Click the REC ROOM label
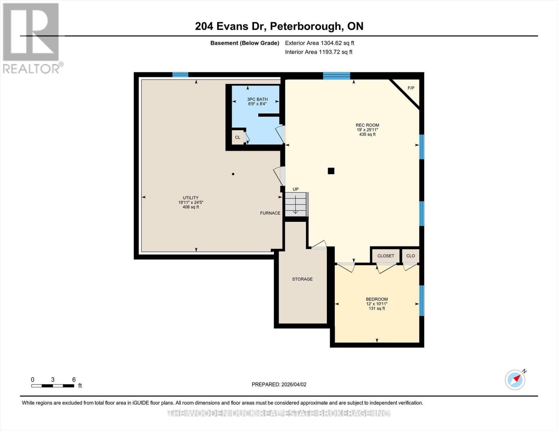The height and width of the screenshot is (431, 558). tap(367, 125)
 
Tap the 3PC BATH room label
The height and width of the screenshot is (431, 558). tap(257, 99)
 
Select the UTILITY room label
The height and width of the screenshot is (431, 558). tap(190, 198)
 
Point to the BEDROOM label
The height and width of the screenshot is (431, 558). tap(377, 299)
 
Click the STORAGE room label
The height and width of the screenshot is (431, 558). tap(302, 279)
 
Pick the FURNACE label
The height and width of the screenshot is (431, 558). tap(270, 213)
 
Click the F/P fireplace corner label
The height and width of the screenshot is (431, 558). tap(411, 88)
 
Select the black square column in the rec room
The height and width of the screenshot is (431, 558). tap(331, 171)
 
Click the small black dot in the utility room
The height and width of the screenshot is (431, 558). tap(233, 174)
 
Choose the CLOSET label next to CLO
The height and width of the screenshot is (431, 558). tap(386, 256)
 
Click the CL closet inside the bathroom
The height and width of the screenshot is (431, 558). tap(238, 138)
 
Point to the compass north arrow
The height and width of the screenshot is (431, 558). tap(515, 379)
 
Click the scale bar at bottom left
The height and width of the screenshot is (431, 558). tap(52, 386)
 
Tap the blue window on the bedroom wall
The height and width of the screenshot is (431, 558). tap(422, 301)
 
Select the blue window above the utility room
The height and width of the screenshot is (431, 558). tap(180, 75)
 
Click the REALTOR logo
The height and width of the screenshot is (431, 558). tap(32, 38)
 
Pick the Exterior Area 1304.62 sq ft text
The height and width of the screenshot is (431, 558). tap(319, 43)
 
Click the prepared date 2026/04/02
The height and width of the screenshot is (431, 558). tap(279, 384)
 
